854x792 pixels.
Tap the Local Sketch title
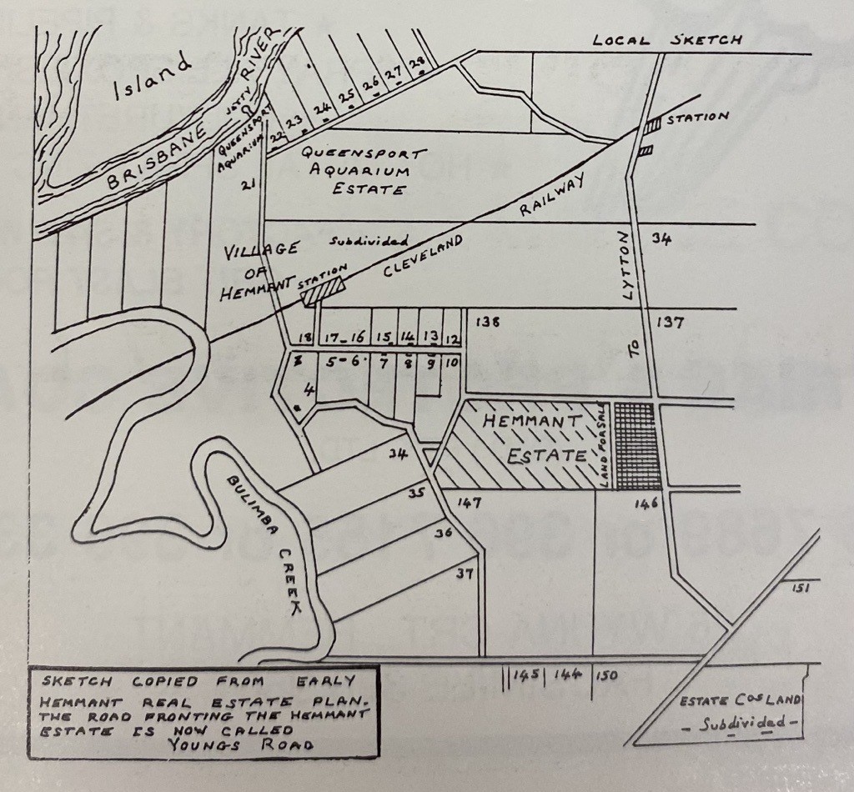tap(666, 40)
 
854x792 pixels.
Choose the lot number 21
tap(248, 184)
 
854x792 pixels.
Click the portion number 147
tap(470, 503)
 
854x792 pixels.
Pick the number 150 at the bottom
tap(606, 675)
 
